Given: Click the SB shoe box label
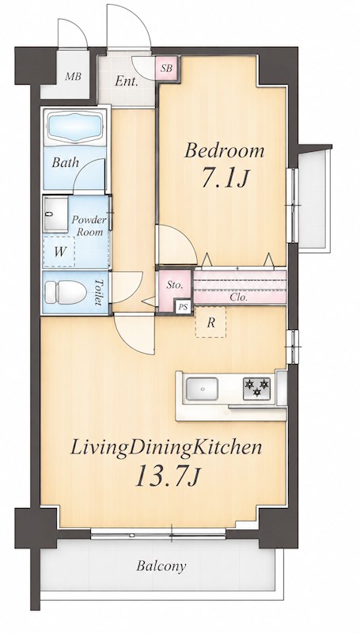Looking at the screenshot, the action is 166,68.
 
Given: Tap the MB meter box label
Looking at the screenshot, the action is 74,76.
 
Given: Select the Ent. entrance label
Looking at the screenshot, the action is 127,81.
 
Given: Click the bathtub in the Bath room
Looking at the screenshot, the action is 74,127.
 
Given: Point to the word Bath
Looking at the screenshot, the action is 66,163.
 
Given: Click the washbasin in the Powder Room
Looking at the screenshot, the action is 55,214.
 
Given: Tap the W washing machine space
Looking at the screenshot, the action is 59,252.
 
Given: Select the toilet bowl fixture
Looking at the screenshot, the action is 66,292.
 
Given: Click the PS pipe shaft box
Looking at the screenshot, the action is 184,307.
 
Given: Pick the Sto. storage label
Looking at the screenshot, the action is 175,285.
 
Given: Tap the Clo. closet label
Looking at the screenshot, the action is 239,298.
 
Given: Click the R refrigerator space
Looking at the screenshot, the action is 210,322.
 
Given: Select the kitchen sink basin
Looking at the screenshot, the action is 202,389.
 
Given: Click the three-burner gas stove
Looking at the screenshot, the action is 256,389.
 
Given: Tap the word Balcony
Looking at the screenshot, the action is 161,566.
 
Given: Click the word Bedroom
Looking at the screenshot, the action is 225,151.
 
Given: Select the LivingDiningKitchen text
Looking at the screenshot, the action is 166,449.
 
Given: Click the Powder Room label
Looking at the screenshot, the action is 89,226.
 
